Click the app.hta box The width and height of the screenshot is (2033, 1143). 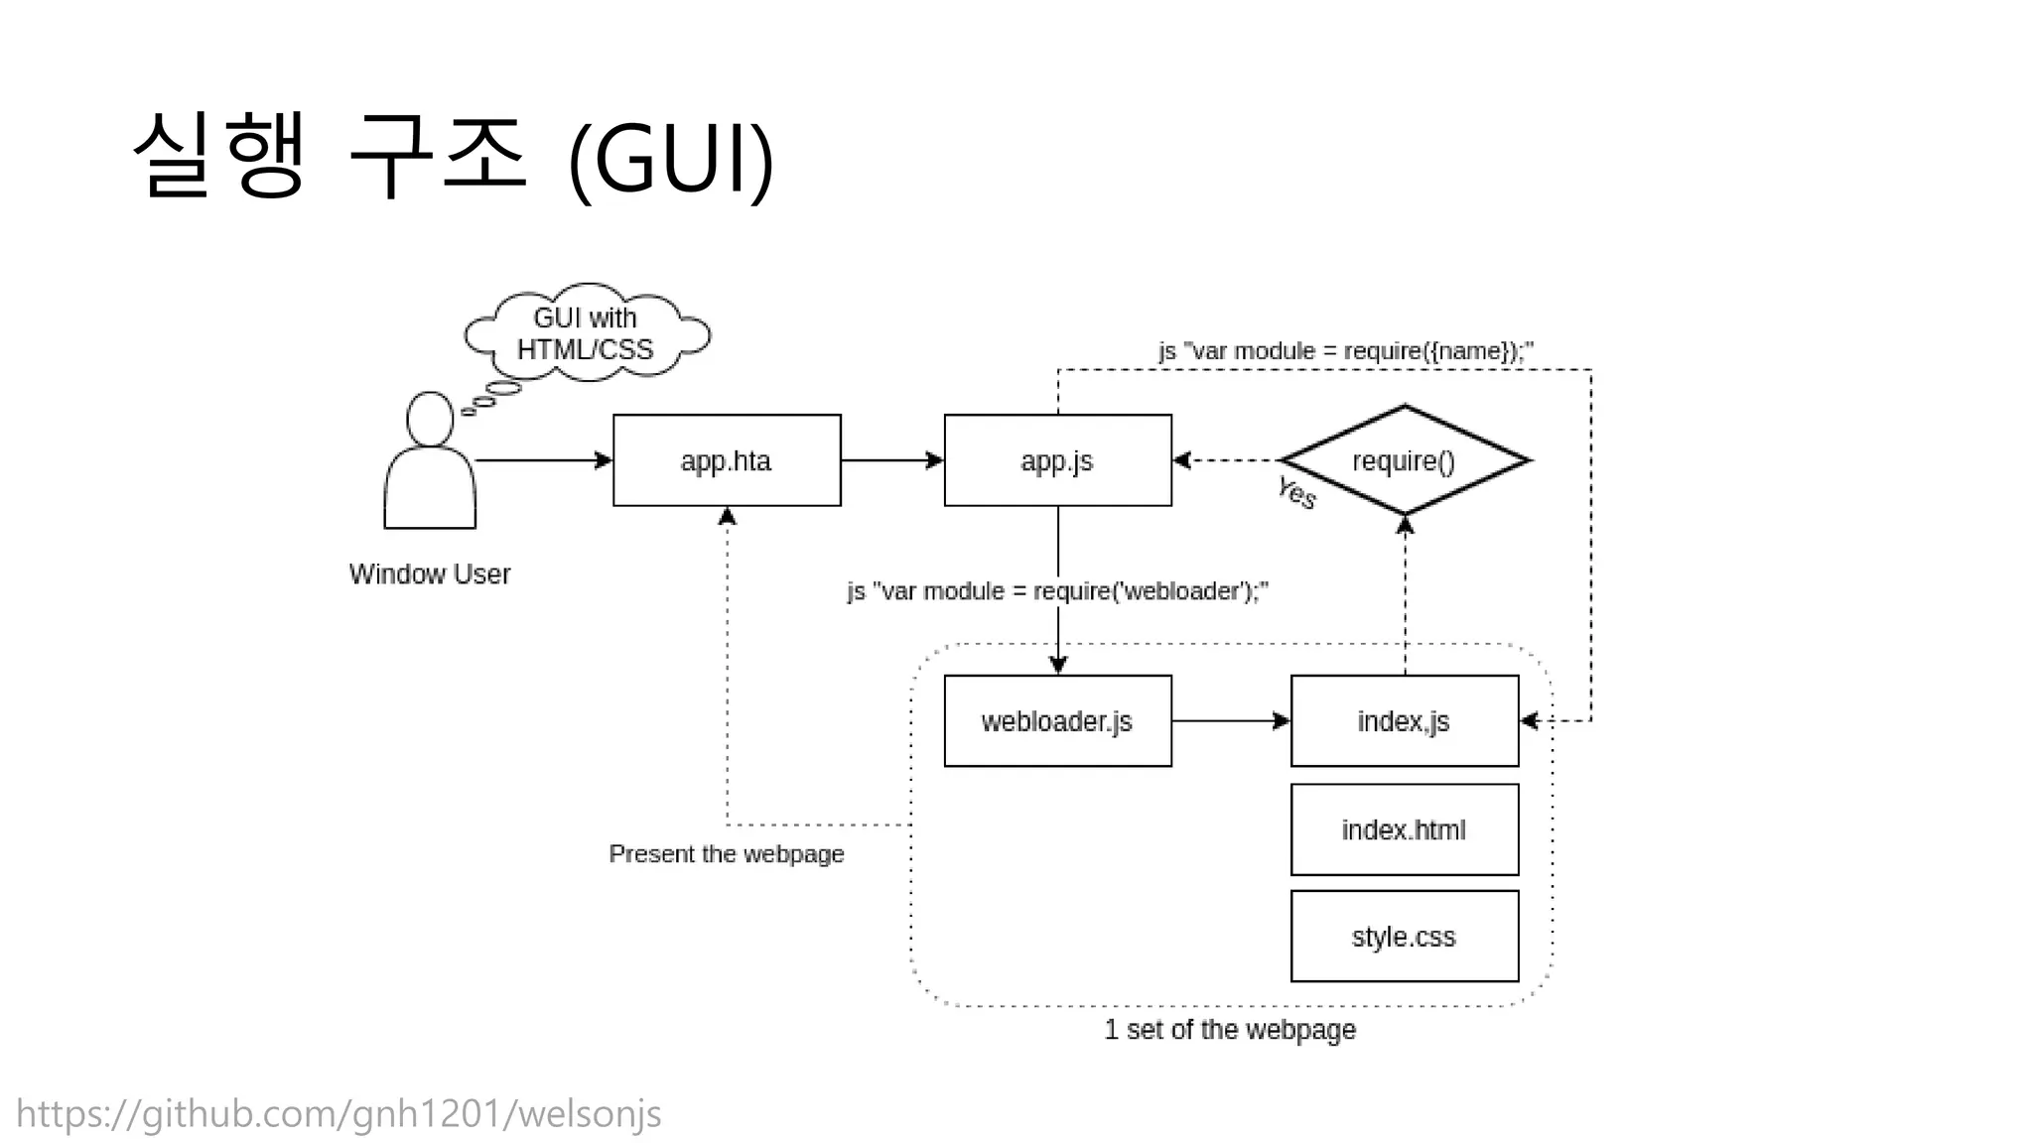click(727, 460)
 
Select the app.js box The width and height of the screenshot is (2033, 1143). click(1057, 460)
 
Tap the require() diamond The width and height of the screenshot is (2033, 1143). click(1404, 460)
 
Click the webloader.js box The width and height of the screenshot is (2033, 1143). click(1057, 721)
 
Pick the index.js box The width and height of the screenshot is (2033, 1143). click(1404, 721)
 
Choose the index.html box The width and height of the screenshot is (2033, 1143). click(1404, 829)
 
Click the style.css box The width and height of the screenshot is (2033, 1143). click(1404, 937)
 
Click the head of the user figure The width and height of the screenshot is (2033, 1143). click(430, 419)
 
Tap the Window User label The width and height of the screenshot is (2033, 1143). click(430, 574)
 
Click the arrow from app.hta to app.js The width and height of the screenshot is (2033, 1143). click(891, 460)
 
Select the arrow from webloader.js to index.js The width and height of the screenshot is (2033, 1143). click(1231, 721)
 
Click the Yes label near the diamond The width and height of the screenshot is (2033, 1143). click(1296, 492)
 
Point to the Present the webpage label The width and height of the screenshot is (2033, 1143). click(727, 854)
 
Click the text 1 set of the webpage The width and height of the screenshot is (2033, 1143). click(1230, 1030)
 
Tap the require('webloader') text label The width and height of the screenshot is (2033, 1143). click(1057, 591)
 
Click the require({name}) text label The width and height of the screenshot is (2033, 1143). click(1346, 351)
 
